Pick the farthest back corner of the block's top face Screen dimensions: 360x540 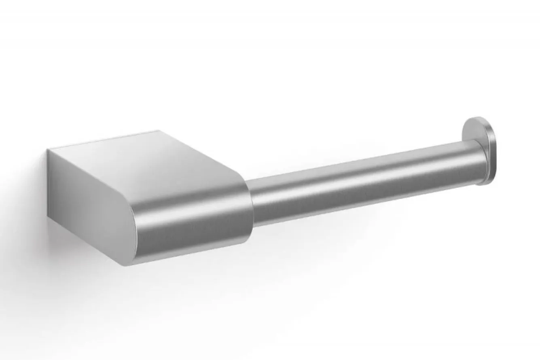click(x=158, y=131)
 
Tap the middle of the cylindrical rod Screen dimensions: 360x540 click(x=364, y=182)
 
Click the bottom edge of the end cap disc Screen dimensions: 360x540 click(x=485, y=184)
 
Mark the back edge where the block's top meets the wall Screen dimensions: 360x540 click(x=101, y=140)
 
